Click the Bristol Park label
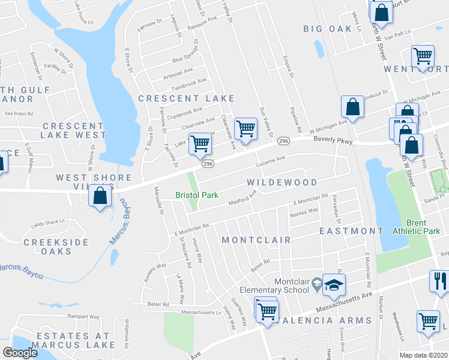tap(196, 195)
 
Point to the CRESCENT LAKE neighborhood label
tap(186, 98)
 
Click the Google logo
tap(20, 353)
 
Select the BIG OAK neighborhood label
tap(327, 28)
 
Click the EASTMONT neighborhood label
tap(351, 231)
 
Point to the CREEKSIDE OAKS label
tap(56, 247)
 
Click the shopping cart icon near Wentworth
tap(423, 56)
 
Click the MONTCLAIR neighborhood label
tap(256, 240)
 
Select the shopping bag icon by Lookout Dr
tap(353, 107)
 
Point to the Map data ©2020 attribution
tap(424, 355)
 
